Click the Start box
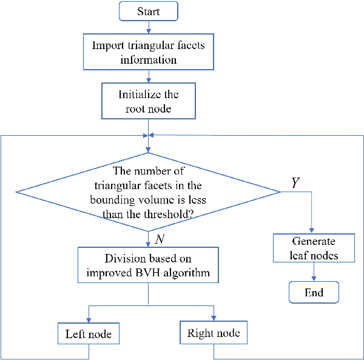(x=149, y=12)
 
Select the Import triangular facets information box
(x=149, y=53)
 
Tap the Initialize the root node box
(x=149, y=102)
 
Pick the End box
(x=314, y=292)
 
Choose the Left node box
(x=89, y=334)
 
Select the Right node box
(x=214, y=333)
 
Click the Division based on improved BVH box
(x=148, y=265)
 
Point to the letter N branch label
(x=160, y=239)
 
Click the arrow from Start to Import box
(x=149, y=26)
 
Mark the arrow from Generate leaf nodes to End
(x=314, y=272)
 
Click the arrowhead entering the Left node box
(x=89, y=321)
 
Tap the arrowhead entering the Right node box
(x=214, y=320)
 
